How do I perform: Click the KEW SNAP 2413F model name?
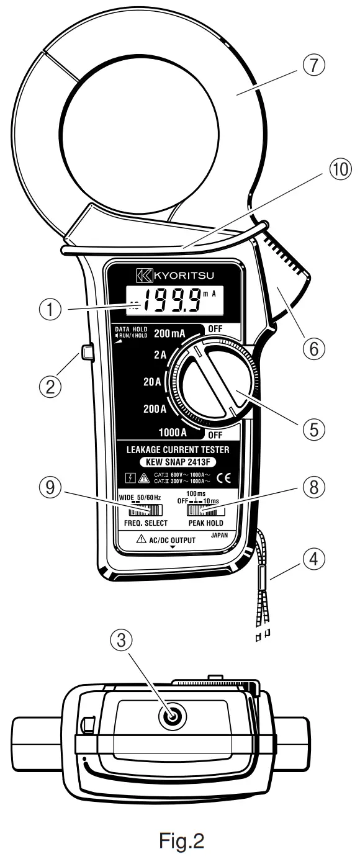coord(181,462)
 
